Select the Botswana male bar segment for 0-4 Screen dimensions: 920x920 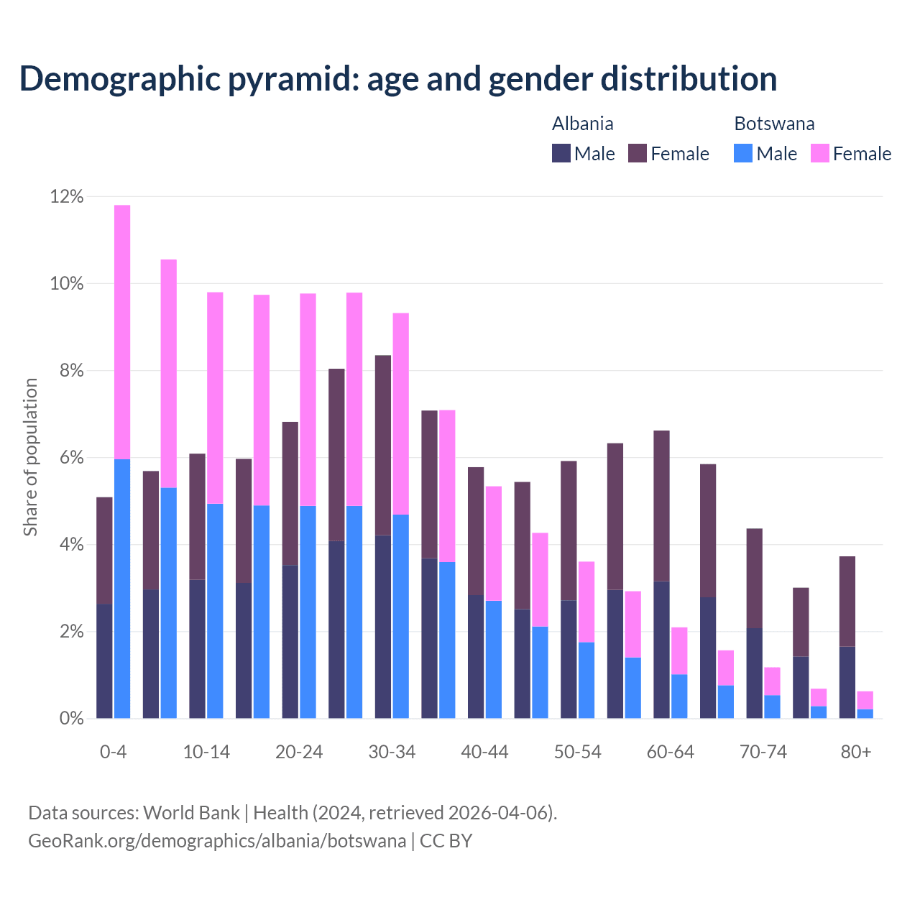122,589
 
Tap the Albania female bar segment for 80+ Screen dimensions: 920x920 847,601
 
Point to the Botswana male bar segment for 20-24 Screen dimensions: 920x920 308,612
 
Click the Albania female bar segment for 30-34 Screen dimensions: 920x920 383,445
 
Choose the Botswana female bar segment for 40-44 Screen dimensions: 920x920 494,543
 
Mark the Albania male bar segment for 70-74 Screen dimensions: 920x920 755,673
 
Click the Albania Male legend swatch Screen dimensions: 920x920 561,153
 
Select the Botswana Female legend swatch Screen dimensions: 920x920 820,153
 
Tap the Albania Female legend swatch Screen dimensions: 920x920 638,153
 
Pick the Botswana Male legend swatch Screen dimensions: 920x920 743,153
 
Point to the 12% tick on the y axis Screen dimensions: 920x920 67,196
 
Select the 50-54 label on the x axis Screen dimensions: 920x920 578,752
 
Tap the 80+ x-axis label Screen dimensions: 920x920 856,752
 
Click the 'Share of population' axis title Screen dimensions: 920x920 30,457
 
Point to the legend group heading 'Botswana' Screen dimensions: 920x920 774,124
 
